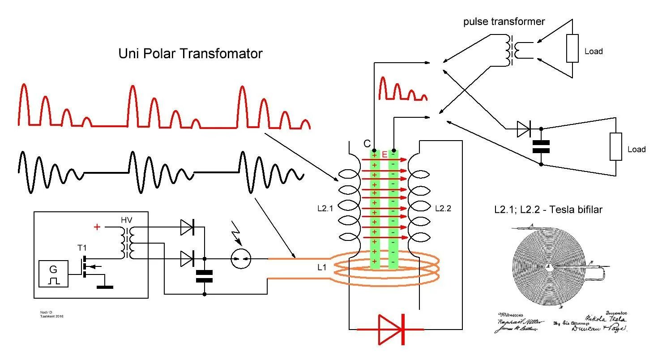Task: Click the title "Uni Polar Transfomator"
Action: (190, 54)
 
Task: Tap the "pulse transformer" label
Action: (504, 21)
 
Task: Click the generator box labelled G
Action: (54, 274)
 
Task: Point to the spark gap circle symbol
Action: (241, 258)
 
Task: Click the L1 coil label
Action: (322, 268)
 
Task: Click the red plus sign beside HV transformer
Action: (97, 227)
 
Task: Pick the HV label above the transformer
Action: (127, 220)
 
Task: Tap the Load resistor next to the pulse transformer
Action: (572, 49)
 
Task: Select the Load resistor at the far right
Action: (616, 146)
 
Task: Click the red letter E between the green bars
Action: (384, 154)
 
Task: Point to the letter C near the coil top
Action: (367, 144)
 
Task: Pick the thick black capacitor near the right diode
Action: (541, 146)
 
